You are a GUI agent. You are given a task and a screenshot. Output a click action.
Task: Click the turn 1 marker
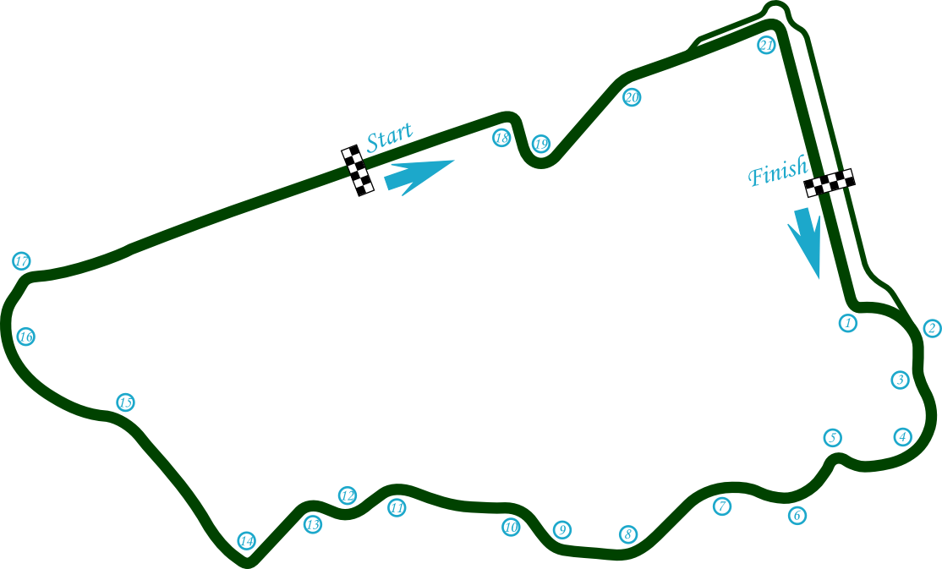(847, 323)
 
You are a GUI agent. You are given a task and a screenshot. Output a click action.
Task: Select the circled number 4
(902, 437)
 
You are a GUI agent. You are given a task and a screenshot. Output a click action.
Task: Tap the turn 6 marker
(797, 515)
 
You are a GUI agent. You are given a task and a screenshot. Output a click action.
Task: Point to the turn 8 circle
(627, 534)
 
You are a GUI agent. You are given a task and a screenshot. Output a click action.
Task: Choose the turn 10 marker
(511, 527)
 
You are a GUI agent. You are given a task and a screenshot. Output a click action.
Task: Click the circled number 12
(348, 495)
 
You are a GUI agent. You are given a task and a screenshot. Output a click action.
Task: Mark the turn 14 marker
(246, 541)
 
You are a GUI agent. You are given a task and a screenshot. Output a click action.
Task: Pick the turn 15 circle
(125, 402)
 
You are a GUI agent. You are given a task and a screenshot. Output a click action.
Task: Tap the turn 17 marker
(22, 261)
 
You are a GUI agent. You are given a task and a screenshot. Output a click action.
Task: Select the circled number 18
(501, 138)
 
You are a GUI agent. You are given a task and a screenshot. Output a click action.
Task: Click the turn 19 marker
(541, 144)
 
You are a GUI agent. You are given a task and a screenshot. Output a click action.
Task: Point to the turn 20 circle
(632, 96)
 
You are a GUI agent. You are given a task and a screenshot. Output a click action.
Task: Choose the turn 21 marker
(766, 45)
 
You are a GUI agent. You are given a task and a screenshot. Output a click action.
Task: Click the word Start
(389, 137)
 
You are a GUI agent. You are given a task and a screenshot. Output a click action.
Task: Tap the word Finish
(778, 170)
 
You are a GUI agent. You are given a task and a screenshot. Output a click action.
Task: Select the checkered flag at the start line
(358, 171)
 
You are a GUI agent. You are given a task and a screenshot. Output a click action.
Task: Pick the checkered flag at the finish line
(830, 183)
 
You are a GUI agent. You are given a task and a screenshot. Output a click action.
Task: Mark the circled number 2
(932, 328)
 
